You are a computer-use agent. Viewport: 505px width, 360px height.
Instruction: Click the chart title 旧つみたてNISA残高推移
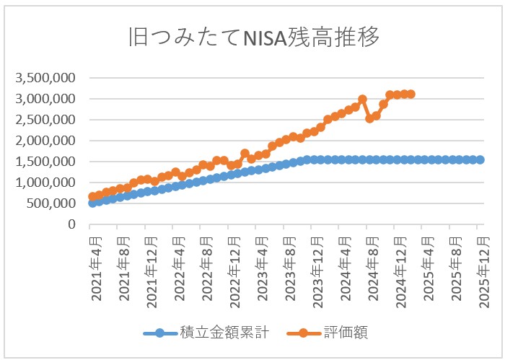point(252,37)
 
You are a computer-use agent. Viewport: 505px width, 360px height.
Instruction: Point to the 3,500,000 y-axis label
point(45,77)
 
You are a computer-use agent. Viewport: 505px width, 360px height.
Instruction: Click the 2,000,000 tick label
point(45,141)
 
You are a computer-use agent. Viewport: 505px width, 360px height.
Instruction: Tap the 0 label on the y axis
point(72,224)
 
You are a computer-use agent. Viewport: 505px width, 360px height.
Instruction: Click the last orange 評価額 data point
point(410,94)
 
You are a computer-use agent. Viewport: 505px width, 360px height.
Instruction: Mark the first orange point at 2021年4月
point(92,196)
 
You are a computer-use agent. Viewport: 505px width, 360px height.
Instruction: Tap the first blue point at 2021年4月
point(92,203)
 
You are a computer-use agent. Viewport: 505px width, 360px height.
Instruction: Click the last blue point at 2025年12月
point(480,159)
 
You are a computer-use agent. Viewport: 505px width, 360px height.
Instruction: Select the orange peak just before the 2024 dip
point(362,100)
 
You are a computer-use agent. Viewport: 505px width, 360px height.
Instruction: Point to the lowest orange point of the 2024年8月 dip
point(369,118)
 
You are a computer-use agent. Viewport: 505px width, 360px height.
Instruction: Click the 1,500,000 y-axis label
point(45,162)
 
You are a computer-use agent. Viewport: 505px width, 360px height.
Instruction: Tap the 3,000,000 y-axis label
point(45,98)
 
